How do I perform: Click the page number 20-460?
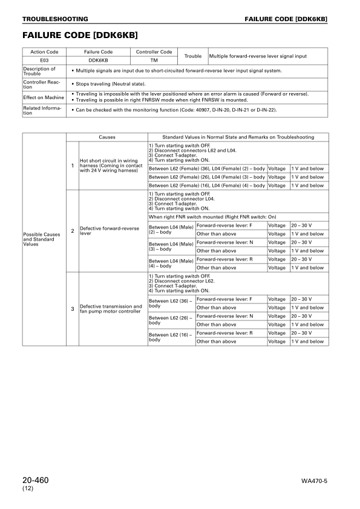click(35, 480)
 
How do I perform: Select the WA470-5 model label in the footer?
click(315, 482)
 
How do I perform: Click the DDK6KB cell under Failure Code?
click(98, 60)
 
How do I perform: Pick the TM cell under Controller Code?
click(154, 60)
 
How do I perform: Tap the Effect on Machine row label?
click(44, 97)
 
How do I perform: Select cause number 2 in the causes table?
click(73, 230)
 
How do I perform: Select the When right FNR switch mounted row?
click(238, 216)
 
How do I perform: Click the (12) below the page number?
click(27, 488)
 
